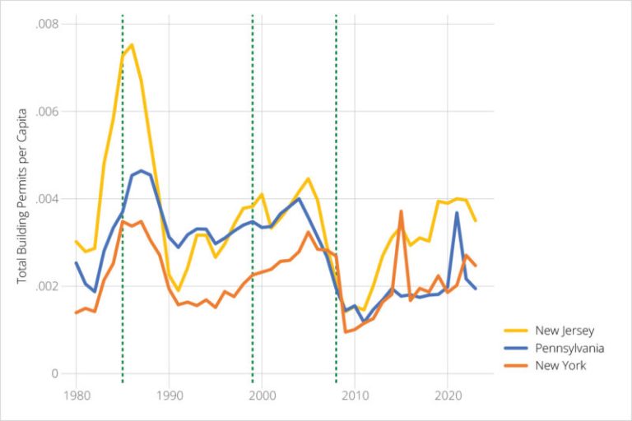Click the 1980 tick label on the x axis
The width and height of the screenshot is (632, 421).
tap(76, 396)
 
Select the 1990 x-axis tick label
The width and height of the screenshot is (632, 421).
tap(169, 396)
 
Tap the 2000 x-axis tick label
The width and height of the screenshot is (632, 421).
tap(262, 396)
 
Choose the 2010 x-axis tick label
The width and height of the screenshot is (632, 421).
tap(355, 396)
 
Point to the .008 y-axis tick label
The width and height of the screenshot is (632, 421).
tap(47, 24)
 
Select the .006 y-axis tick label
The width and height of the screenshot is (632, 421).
tap(47, 112)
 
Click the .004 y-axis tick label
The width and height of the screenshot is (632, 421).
tap(47, 199)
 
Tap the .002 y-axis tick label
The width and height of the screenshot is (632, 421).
tap(47, 286)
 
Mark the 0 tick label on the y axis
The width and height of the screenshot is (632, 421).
tap(55, 374)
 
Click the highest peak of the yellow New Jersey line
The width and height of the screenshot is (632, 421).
tap(132, 44)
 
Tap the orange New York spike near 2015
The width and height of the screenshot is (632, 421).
tap(401, 211)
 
